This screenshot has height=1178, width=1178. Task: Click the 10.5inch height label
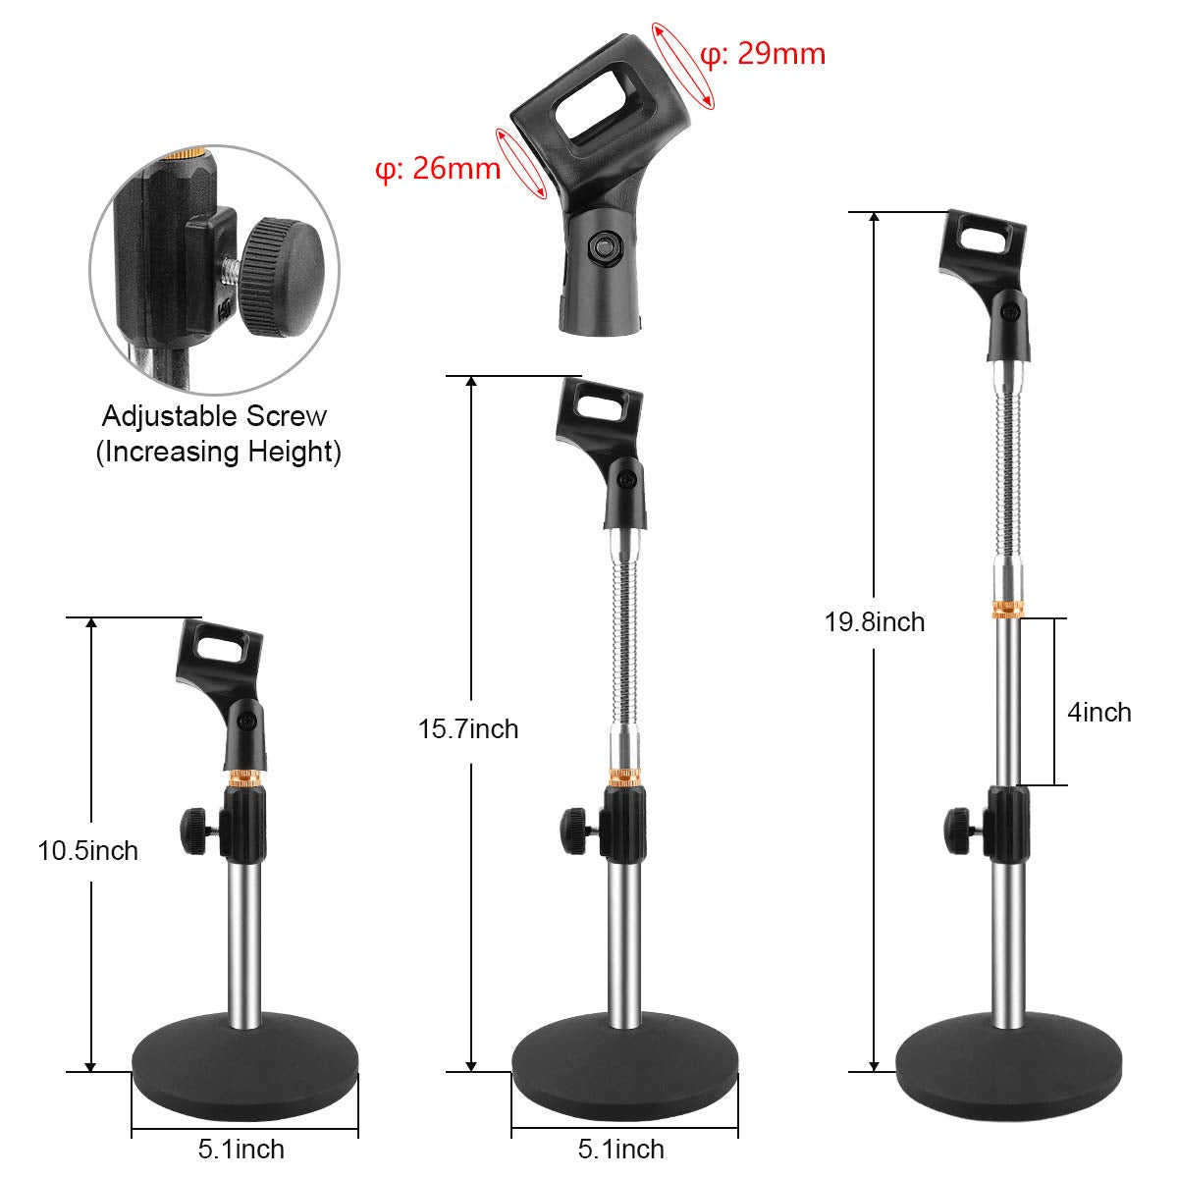click(x=87, y=850)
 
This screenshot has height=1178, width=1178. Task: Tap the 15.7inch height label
click(x=468, y=729)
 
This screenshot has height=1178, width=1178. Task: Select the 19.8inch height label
click(x=875, y=621)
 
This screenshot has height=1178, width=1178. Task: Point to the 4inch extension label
click(x=1099, y=712)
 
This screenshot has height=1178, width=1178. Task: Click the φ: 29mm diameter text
click(x=763, y=53)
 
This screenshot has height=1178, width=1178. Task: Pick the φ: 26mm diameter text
click(x=438, y=169)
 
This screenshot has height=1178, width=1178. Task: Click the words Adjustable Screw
click(x=214, y=416)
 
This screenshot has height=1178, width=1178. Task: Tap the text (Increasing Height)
click(x=218, y=452)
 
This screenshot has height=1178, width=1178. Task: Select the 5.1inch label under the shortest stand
click(x=241, y=1149)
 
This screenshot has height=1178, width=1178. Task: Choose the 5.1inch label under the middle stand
click(x=621, y=1149)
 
